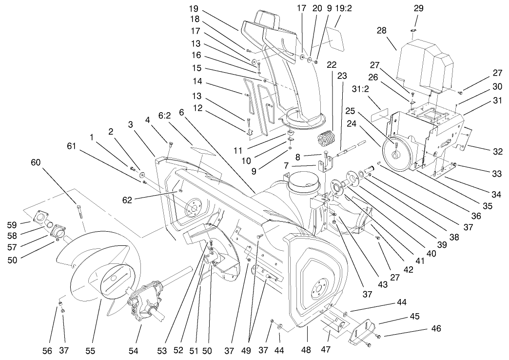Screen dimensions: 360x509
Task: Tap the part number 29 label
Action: pyautogui.click(x=418, y=8)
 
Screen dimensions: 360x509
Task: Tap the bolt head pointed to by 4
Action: pyautogui.click(x=171, y=144)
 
